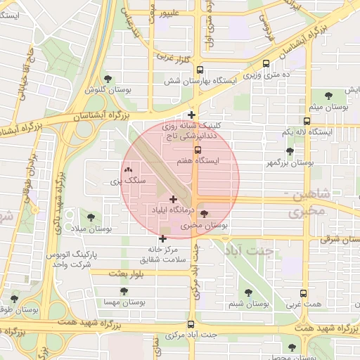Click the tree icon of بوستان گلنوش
(x=108, y=79)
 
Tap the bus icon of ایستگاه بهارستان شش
(x=200, y=70)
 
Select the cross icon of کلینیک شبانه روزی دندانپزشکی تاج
(x=192, y=114)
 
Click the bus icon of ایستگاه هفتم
(x=197, y=150)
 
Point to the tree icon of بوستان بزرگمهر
(x=290, y=151)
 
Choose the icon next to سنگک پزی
(x=127, y=170)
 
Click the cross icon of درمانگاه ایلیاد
(x=174, y=200)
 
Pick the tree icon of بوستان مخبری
(x=205, y=214)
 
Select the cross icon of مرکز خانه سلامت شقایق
(x=163, y=238)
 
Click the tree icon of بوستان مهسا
(x=124, y=290)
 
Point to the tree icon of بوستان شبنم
(x=247, y=292)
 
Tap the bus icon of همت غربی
(x=304, y=295)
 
